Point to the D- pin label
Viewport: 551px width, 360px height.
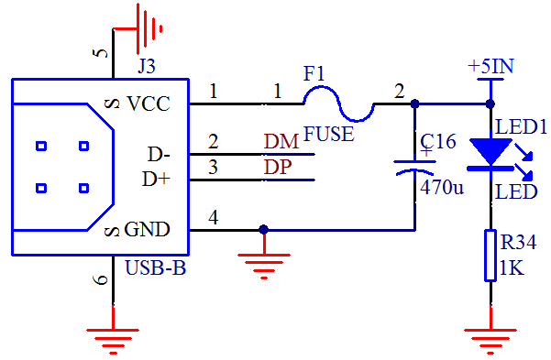(x=158, y=153)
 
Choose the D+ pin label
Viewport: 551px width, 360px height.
(x=157, y=179)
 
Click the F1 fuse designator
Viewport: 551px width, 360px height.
(x=314, y=73)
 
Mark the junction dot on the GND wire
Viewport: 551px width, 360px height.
(x=264, y=230)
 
